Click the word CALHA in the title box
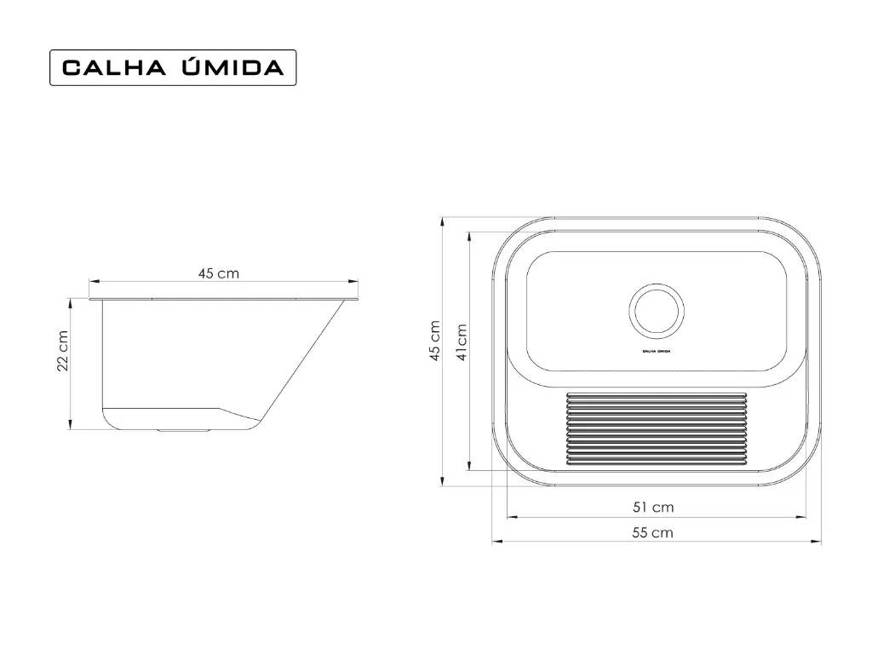click(x=114, y=68)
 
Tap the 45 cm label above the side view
click(x=219, y=273)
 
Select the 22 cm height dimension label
click(x=63, y=351)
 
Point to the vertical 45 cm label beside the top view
click(x=435, y=341)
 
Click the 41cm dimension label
click(x=462, y=342)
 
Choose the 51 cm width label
click(x=653, y=508)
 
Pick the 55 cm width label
click(x=653, y=533)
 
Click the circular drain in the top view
click(x=657, y=311)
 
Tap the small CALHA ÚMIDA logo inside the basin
click(x=657, y=352)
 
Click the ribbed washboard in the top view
click(x=657, y=428)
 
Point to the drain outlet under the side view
click(x=183, y=430)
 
